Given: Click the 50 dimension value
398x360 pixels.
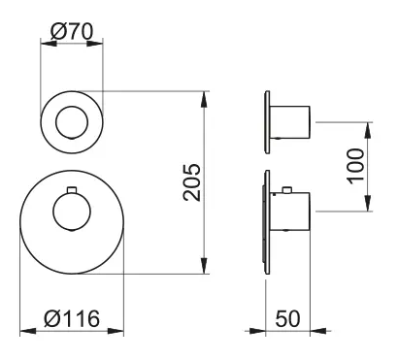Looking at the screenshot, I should point(288,317).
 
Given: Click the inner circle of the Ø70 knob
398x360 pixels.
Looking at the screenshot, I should point(72,123).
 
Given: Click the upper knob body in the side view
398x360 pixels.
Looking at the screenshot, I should point(292,123).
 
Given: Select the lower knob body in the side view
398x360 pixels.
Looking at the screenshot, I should point(292,208).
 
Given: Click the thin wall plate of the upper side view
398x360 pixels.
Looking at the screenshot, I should point(265,123).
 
